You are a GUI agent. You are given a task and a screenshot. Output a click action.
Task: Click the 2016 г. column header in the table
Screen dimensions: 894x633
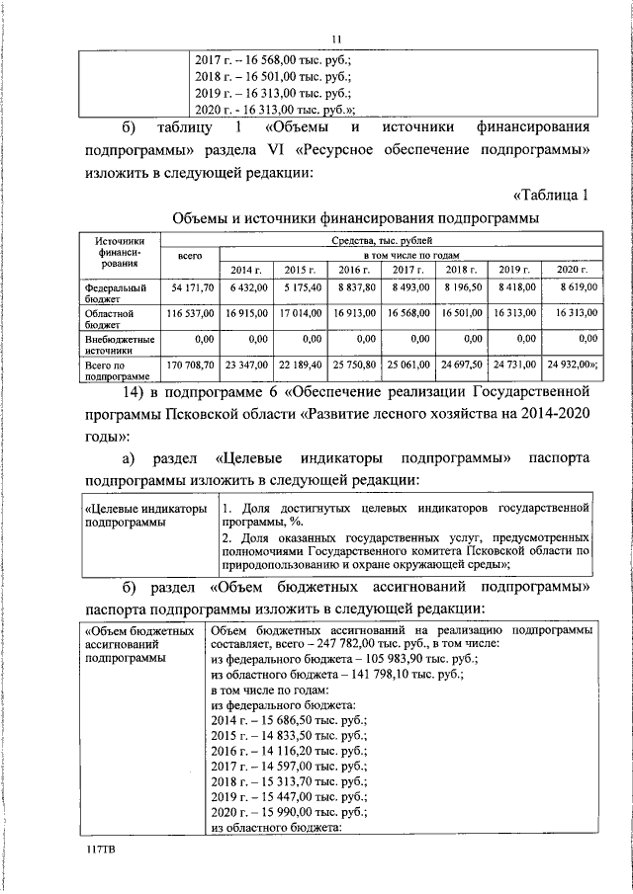click(x=353, y=270)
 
